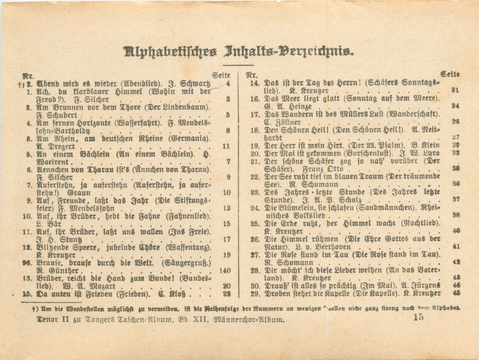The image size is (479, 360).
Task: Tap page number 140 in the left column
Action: (225, 271)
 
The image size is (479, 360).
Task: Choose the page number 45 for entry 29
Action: (456, 292)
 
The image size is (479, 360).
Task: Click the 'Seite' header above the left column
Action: (221, 76)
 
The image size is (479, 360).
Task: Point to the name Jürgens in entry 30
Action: (424, 285)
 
